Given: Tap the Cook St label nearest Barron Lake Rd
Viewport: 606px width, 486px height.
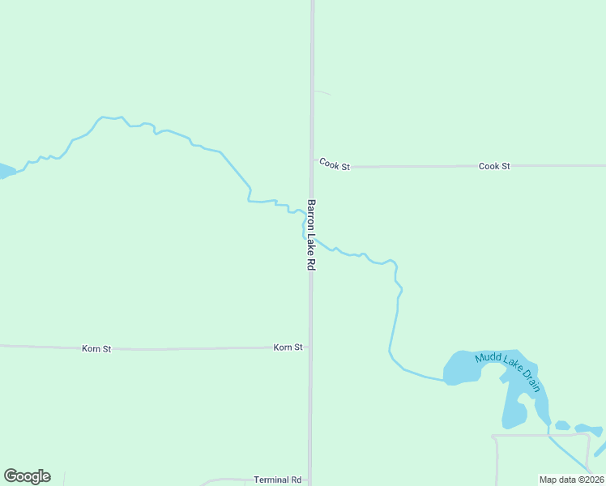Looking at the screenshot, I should (x=334, y=164).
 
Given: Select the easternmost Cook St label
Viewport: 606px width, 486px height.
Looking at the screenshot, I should (x=494, y=166).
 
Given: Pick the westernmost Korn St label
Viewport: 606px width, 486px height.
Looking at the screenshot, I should (x=96, y=349).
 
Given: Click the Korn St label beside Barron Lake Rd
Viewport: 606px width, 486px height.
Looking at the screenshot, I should (x=288, y=347).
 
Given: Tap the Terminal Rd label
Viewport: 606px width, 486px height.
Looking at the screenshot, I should (x=277, y=480).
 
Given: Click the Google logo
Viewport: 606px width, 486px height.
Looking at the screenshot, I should (x=27, y=476).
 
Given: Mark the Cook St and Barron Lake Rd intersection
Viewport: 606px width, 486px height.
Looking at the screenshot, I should (x=312, y=166).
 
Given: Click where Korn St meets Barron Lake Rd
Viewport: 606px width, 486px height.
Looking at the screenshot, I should (x=310, y=348).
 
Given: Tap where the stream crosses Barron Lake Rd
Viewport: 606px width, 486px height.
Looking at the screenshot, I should (x=311, y=235).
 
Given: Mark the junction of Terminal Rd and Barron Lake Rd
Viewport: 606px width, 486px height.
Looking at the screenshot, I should (x=309, y=481).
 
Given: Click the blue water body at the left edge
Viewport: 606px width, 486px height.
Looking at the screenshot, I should (x=5, y=172).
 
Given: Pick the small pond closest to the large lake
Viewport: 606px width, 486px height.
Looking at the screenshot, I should (x=561, y=425).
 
